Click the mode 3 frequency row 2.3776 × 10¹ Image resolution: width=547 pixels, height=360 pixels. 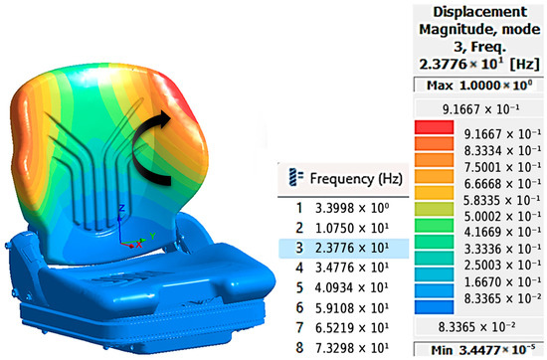coord(344,248)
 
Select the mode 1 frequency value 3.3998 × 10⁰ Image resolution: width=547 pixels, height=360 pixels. coord(352,208)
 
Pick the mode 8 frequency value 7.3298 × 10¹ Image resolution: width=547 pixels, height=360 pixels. coord(352,348)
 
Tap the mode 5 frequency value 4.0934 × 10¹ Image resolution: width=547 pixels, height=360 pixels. coord(352,287)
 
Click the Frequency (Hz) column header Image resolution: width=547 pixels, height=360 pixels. coord(356,179)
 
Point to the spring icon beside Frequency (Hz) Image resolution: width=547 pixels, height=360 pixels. coord(295,177)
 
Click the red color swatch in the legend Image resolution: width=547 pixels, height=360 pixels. coord(434,127)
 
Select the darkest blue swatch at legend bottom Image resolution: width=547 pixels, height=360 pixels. coord(434,307)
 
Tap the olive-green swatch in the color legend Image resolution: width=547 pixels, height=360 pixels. coord(434,209)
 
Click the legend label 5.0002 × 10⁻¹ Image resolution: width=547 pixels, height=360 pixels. coord(502,216)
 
